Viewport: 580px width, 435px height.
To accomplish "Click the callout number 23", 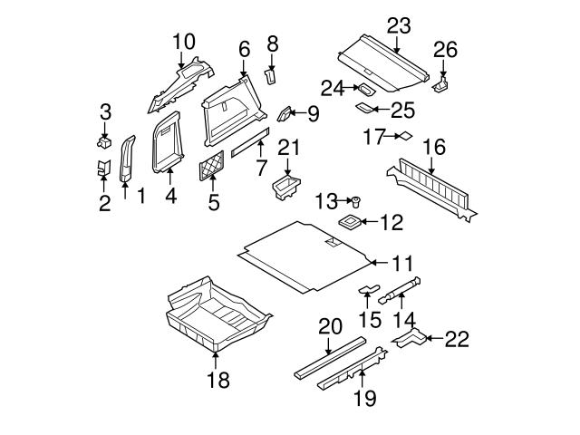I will point(398,25).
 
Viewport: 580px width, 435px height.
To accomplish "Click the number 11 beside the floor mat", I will point(402,262).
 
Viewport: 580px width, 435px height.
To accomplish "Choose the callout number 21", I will point(287,148).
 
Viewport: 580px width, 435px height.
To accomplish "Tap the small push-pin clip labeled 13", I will point(357,199).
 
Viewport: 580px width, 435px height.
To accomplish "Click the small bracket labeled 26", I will point(441,82).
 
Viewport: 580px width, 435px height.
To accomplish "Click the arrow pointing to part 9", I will point(298,112).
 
